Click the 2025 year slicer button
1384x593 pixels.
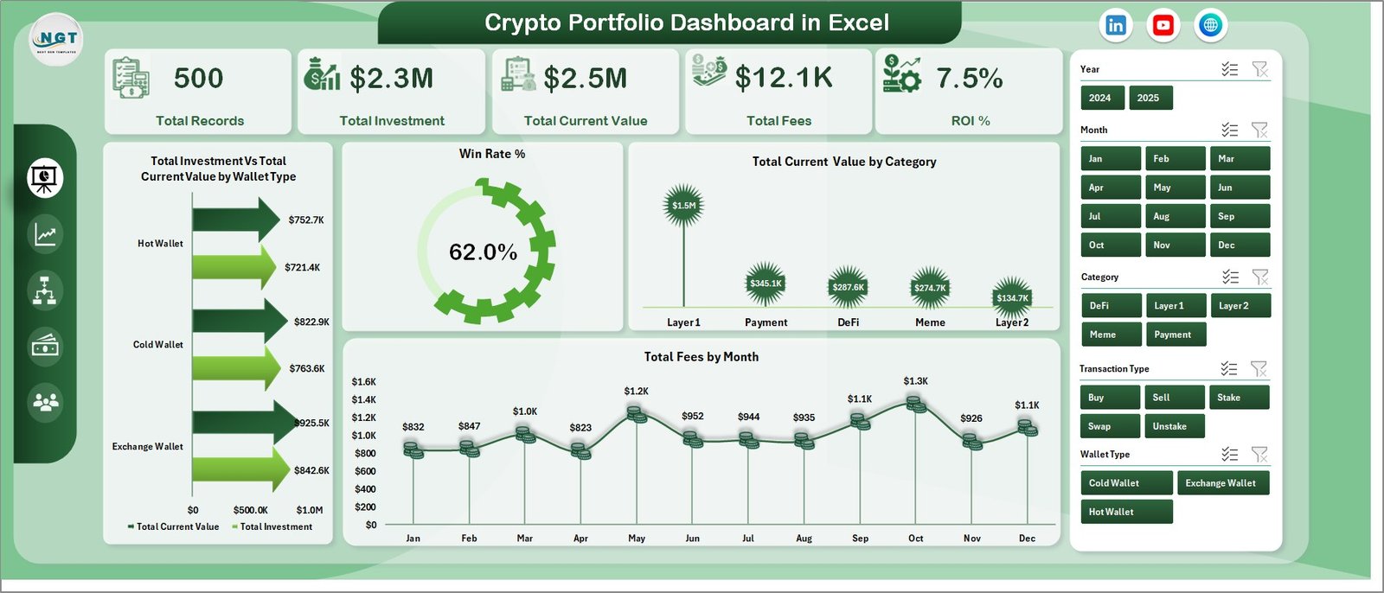pyautogui.click(x=1150, y=98)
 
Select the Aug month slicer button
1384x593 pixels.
pyautogui.click(x=1175, y=216)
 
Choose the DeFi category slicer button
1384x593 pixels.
pyautogui.click(x=1111, y=306)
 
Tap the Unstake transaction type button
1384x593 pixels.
pyautogui.click(x=1175, y=426)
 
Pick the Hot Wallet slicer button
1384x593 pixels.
pyautogui.click(x=1125, y=512)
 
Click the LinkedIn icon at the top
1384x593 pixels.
pyautogui.click(x=1116, y=25)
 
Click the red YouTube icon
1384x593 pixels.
pyautogui.click(x=1163, y=25)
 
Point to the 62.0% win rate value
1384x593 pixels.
pyautogui.click(x=483, y=252)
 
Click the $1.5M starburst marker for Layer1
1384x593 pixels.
pyautogui.click(x=683, y=206)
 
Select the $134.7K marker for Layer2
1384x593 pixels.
pyautogui.click(x=1012, y=297)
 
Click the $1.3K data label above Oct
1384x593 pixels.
pyautogui.click(x=915, y=381)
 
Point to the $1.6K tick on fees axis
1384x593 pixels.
pyautogui.click(x=364, y=382)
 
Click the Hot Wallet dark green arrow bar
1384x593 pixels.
pyautogui.click(x=234, y=220)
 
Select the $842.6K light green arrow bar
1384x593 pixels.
pyautogui.click(x=238, y=470)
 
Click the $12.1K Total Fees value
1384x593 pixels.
pyautogui.click(x=783, y=79)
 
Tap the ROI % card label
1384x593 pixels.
pyautogui.click(x=970, y=121)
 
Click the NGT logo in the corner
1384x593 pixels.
pyautogui.click(x=57, y=40)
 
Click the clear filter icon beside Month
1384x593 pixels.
pyautogui.click(x=1259, y=131)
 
